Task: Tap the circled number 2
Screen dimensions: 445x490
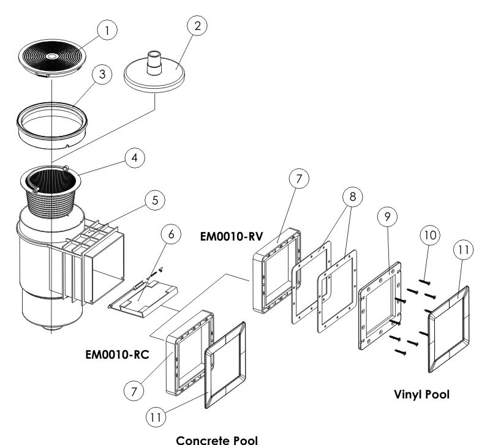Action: [197, 24]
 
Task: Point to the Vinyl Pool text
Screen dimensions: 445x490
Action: [421, 395]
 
